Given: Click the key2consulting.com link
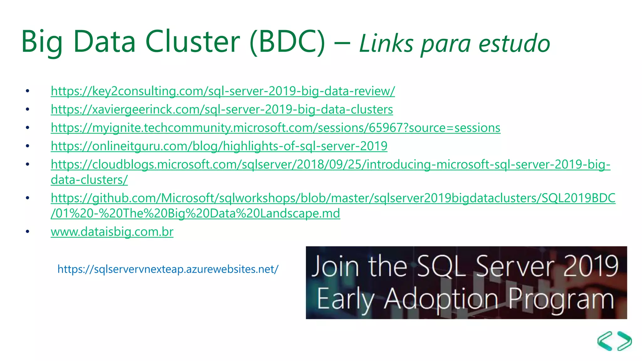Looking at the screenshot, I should click(223, 91).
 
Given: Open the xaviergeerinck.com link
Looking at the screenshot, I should click(222, 110).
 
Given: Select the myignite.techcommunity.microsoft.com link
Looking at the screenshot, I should click(275, 128).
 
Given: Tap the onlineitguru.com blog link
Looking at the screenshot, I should click(219, 146).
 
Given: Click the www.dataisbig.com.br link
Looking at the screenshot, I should click(112, 232).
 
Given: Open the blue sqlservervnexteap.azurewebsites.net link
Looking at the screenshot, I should click(168, 269).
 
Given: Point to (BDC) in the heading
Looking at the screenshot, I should click(287, 42).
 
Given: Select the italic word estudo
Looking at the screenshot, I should click(514, 44).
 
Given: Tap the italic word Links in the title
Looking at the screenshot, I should click(386, 44).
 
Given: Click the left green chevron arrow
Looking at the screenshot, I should click(605, 341).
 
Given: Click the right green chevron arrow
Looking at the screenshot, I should click(624, 341).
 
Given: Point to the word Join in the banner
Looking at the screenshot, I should click(335, 267).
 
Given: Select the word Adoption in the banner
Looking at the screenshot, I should click(441, 299).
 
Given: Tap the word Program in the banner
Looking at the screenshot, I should click(561, 299).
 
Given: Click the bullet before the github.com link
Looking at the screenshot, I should click(28, 198).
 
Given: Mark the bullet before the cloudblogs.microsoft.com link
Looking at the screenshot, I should click(28, 164).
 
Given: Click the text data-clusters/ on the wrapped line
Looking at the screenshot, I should click(89, 180).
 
